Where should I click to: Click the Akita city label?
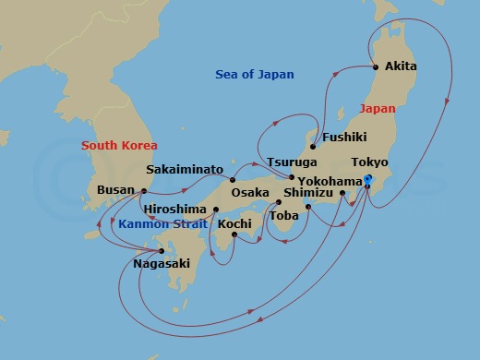tap(402, 66)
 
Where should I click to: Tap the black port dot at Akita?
tap(376, 66)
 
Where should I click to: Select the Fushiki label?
tap(345, 138)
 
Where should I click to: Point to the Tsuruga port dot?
tap(292, 177)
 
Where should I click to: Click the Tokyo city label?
tap(369, 162)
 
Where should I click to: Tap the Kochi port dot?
tap(234, 234)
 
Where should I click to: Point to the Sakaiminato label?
tap(185, 170)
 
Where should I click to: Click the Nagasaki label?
tap(162, 263)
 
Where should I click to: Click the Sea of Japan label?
tap(254, 75)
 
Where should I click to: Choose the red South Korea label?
tap(119, 145)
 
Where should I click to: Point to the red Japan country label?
tap(377, 108)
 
